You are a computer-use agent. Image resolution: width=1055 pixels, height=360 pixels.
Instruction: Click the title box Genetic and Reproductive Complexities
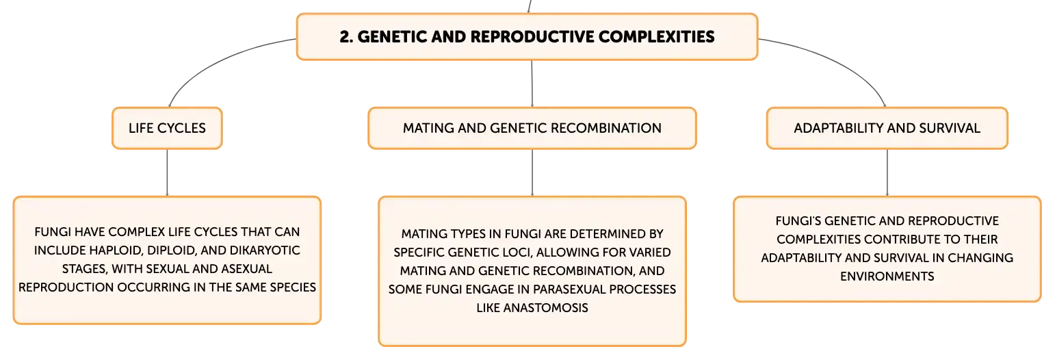pos(527,37)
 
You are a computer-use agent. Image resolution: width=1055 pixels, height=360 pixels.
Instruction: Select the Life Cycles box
pos(167,128)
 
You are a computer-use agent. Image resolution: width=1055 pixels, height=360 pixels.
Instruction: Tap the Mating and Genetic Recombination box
pos(532,128)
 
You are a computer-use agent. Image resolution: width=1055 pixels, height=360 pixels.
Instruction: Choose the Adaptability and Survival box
pos(887,128)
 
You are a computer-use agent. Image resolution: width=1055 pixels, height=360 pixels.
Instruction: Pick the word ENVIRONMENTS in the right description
pos(887,276)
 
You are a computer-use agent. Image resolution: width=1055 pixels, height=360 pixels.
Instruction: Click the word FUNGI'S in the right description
pos(798,221)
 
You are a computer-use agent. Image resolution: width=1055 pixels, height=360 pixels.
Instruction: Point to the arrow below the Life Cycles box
pos(167,172)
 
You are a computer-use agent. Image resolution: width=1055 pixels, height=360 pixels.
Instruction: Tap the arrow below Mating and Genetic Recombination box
pos(532,172)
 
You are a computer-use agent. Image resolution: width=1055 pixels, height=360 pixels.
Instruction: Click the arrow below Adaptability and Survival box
pos(887,172)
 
